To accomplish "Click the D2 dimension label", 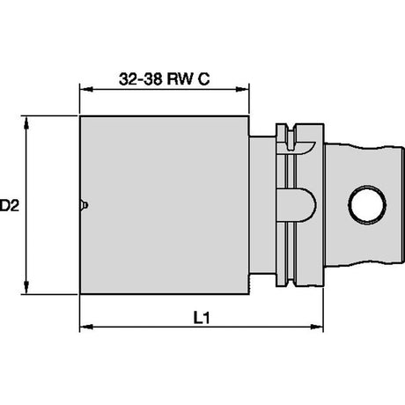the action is coord(10,205).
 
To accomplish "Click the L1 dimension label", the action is coord(202,318).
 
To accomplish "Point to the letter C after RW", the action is coord(203,78).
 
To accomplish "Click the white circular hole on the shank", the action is coord(367,205).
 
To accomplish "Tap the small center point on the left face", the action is coord(84,205).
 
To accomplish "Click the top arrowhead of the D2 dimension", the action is coord(26,122).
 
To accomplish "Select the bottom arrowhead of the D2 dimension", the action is coord(26,287).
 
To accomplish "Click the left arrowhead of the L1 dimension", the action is coord(86,327).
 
